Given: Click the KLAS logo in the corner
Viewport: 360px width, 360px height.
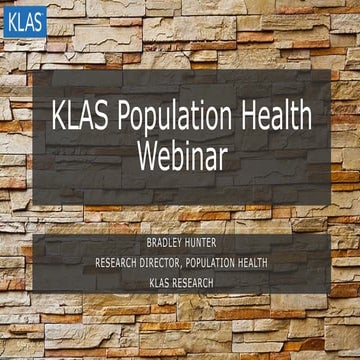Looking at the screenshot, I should (24, 21).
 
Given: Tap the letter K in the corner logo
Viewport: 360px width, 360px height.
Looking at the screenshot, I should (11, 21).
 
